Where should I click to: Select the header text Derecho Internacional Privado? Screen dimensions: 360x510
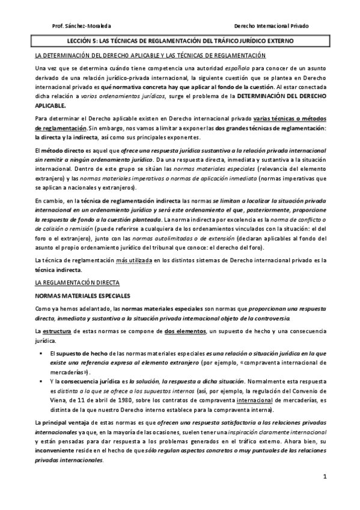(271, 26)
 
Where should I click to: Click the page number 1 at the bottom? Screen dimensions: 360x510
(325, 478)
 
